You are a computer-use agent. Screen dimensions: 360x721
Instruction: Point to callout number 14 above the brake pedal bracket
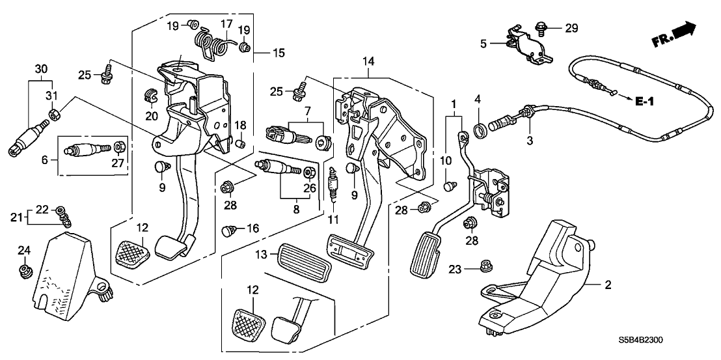click(368, 62)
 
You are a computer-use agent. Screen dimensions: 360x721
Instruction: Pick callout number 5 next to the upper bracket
click(483, 45)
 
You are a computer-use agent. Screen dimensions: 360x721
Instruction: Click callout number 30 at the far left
click(41, 68)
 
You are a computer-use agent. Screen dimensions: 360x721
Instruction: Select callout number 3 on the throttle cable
click(530, 140)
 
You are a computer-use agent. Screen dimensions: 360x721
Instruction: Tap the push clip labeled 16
click(228, 229)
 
